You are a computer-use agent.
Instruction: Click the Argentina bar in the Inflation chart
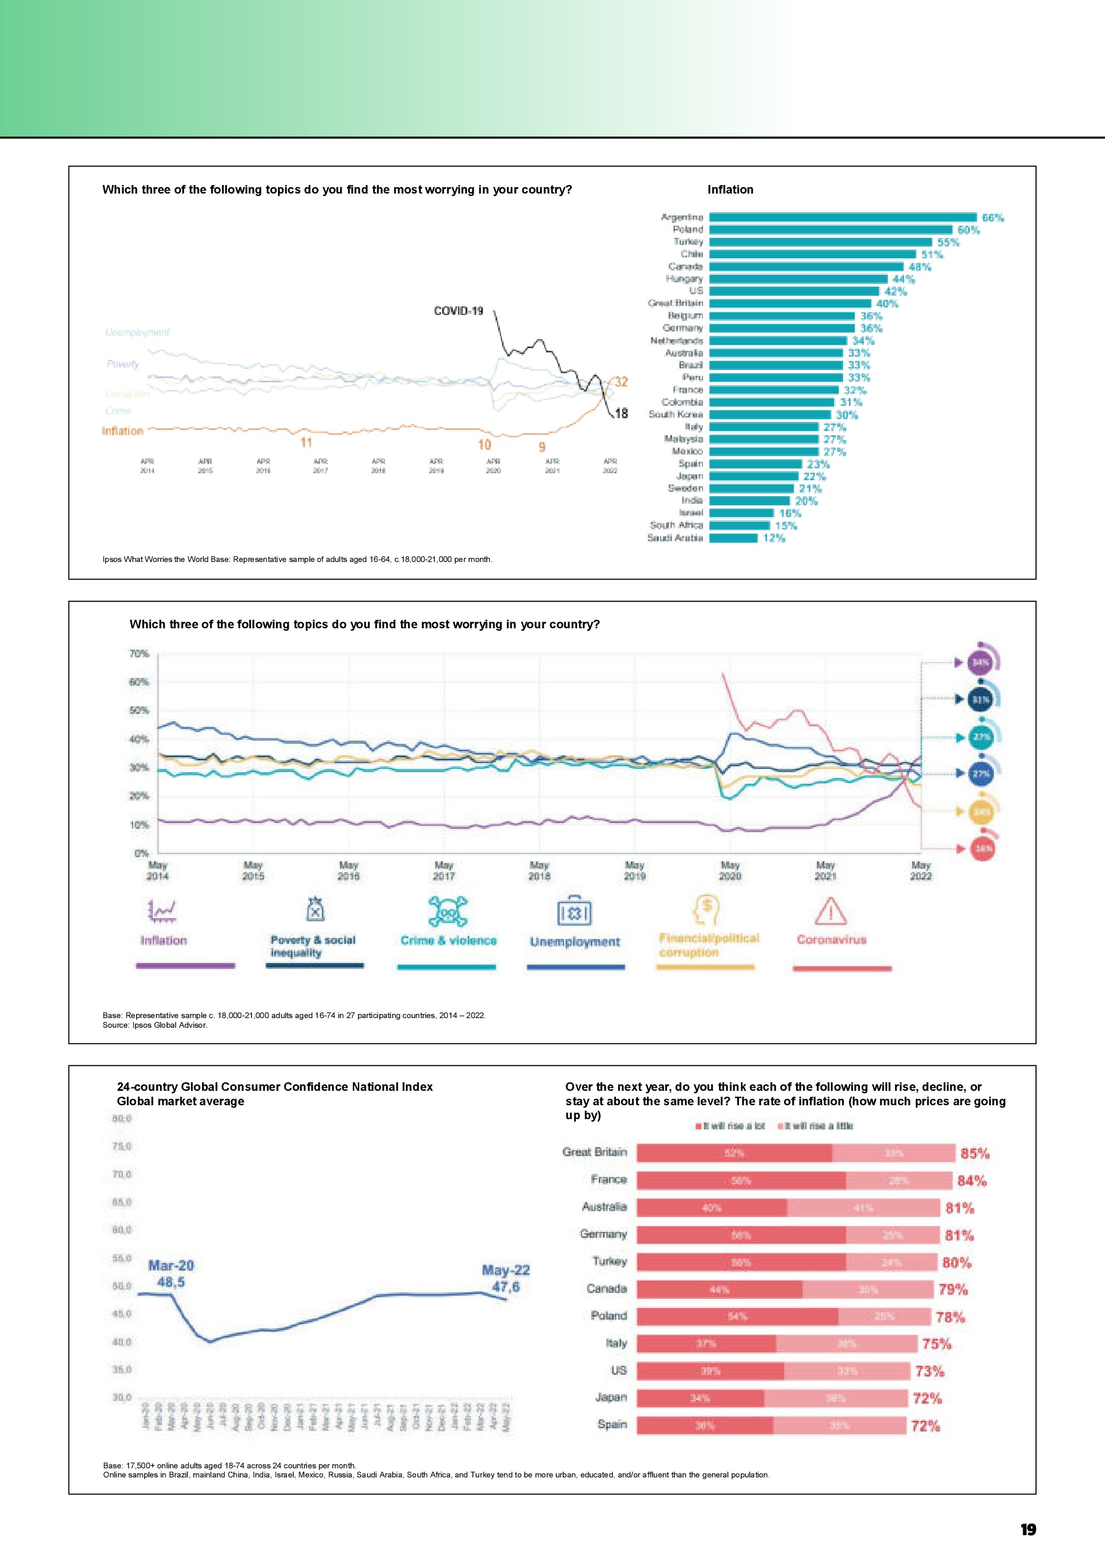pyautogui.click(x=843, y=217)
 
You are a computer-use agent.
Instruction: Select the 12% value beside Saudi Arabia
pyautogui.click(x=774, y=538)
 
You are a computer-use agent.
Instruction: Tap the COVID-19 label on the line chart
pyautogui.click(x=459, y=311)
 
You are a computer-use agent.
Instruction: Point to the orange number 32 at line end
pyautogui.click(x=621, y=382)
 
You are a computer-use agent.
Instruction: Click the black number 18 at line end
pyautogui.click(x=621, y=413)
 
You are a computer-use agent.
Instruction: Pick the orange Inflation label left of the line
pyautogui.click(x=122, y=431)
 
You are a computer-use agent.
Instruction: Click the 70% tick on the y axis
pyautogui.click(x=139, y=653)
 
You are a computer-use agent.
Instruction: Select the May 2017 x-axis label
pyautogui.click(x=444, y=871)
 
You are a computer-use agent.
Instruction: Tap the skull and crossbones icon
pyautogui.click(x=449, y=911)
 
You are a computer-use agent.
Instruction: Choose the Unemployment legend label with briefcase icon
pyautogui.click(x=575, y=942)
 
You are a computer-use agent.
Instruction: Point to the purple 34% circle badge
pyautogui.click(x=980, y=663)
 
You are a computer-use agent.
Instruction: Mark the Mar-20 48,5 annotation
pyautogui.click(x=171, y=1274)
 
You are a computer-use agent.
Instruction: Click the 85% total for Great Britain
pyautogui.click(x=975, y=1153)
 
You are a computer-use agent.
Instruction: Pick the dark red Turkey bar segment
pyautogui.click(x=741, y=1262)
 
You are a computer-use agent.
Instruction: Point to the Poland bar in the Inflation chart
pyautogui.click(x=830, y=229)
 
